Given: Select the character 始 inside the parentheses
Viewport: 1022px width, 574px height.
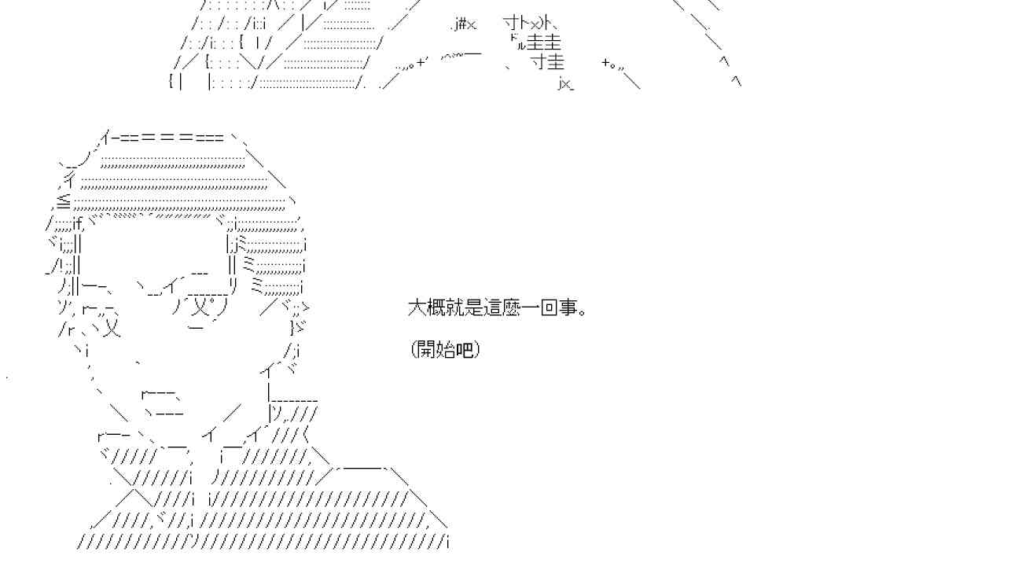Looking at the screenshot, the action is point(445,349).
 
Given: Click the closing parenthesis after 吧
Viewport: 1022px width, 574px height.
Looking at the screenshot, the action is point(476,349).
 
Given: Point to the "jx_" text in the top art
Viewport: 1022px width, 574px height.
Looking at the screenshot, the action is point(566,83).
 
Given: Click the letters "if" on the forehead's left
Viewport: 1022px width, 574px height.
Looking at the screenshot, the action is point(77,222).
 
